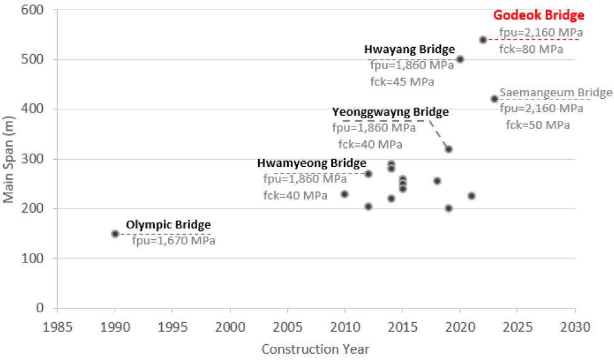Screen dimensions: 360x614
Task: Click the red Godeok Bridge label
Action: (538, 15)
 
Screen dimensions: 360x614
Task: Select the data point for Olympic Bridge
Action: (115, 233)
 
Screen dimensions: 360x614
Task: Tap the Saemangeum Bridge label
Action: (555, 93)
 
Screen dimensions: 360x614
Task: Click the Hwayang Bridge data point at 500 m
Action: (460, 59)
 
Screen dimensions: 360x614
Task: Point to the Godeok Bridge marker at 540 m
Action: (483, 40)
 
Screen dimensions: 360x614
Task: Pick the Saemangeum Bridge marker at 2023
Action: (494, 99)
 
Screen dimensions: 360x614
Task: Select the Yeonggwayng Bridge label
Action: (390, 112)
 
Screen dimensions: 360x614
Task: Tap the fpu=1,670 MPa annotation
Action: (173, 240)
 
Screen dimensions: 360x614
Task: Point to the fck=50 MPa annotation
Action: (538, 125)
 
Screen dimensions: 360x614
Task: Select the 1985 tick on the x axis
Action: (57, 327)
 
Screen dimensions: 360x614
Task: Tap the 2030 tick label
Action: (574, 327)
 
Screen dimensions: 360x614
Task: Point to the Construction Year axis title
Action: (315, 349)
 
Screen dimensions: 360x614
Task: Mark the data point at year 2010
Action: (344, 194)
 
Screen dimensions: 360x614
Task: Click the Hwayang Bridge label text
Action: (409, 49)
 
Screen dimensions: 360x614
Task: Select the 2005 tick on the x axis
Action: (287, 327)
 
